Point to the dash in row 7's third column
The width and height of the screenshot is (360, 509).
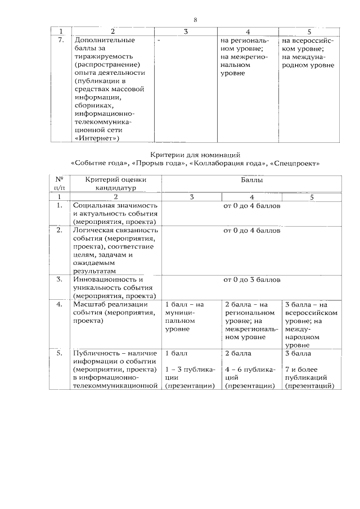[159, 41]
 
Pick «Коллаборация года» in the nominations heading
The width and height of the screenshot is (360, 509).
[228, 164]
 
